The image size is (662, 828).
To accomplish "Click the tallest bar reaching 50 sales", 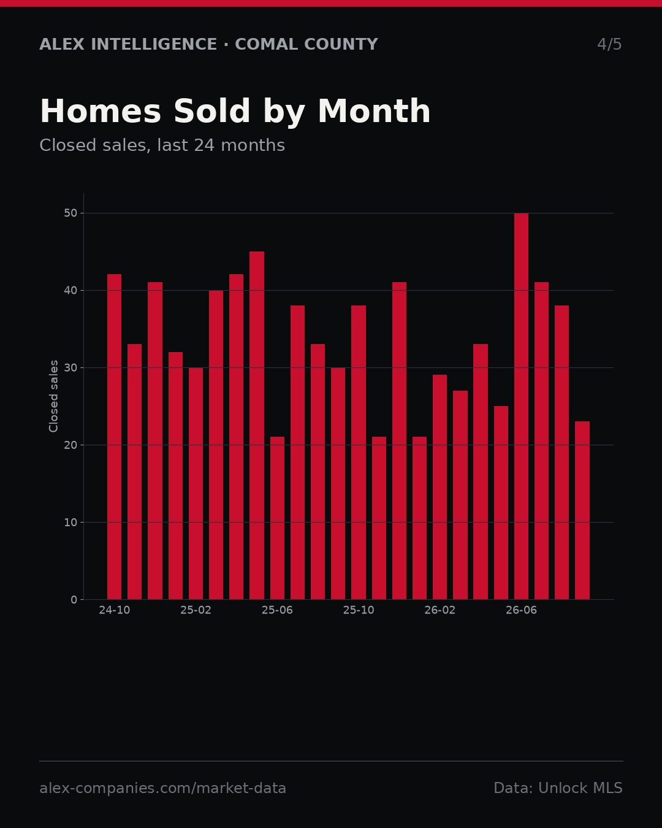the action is point(521,406).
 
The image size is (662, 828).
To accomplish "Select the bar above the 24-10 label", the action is point(114,437).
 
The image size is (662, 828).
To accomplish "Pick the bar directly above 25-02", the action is point(196,483).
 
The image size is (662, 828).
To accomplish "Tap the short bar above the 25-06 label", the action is point(277,518).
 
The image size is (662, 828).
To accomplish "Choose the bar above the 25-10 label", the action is point(359,452).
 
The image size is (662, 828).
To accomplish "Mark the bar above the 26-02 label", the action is point(439,487).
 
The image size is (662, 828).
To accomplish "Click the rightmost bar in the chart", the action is point(582,510).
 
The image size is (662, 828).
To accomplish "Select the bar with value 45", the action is point(257,425).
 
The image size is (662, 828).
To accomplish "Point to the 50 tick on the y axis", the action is point(70,213).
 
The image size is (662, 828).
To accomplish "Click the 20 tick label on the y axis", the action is point(70,445).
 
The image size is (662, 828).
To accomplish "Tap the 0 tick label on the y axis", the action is point(74,600).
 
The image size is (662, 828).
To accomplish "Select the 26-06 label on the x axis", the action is point(521,610).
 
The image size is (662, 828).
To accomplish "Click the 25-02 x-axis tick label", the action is point(196,610).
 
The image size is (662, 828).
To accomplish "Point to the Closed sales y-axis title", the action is point(53,396).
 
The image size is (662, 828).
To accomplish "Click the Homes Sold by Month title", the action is point(235,112).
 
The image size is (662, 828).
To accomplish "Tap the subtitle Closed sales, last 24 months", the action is point(162,145).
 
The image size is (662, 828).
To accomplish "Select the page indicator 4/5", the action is point(610,44).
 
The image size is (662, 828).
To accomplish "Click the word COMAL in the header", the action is point(267,44).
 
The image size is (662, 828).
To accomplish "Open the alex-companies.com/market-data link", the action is point(163,788).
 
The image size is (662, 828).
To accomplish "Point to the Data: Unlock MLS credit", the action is point(558,788).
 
